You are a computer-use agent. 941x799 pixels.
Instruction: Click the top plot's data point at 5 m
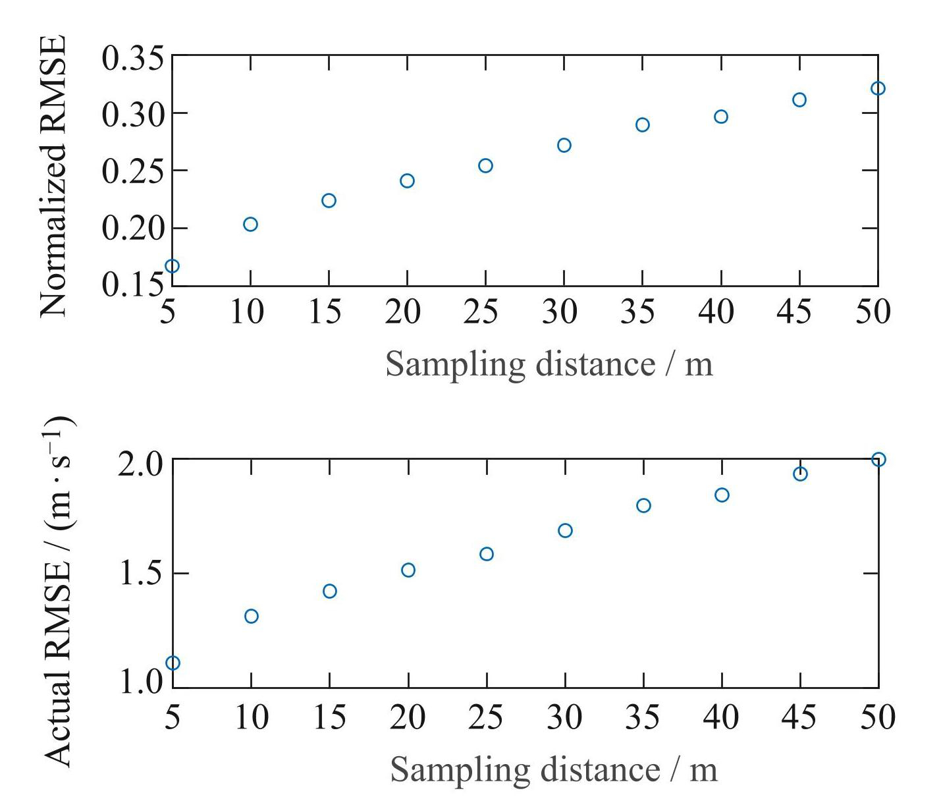(172, 266)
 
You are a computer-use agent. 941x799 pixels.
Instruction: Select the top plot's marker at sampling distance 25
(485, 165)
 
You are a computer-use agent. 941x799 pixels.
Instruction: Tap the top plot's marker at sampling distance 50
(878, 88)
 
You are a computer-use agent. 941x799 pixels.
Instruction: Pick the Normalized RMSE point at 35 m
(643, 124)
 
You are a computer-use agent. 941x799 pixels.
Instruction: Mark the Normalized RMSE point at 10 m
(250, 224)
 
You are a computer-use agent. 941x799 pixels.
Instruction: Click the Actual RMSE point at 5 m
(173, 663)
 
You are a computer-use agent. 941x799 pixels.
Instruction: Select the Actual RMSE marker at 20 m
(408, 570)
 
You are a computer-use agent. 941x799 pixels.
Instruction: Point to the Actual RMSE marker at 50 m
(878, 459)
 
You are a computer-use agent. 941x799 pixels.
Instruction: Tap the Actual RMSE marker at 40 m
(722, 495)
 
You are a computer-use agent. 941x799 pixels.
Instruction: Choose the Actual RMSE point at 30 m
(565, 530)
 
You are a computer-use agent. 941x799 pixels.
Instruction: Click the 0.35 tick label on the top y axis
(132, 59)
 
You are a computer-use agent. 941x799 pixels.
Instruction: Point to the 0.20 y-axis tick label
(132, 229)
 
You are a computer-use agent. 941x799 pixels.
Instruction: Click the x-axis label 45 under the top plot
(794, 312)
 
